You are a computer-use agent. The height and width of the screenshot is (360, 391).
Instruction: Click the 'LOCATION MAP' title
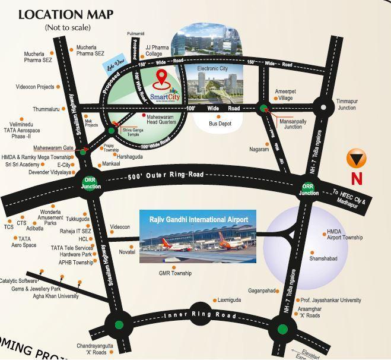click(67, 14)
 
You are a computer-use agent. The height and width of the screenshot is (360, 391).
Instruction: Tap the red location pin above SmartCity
click(161, 78)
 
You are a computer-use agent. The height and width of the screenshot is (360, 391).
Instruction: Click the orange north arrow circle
click(356, 159)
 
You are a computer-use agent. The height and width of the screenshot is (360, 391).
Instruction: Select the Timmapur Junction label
click(347, 105)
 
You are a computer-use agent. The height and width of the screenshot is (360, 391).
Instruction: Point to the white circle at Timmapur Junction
click(323, 108)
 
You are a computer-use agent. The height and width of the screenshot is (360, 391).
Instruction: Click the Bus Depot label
click(220, 124)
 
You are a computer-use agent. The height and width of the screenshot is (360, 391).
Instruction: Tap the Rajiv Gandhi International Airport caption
click(198, 220)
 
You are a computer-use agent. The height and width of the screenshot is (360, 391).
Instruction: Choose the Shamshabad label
click(323, 259)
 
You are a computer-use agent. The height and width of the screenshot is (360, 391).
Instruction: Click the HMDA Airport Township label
click(345, 235)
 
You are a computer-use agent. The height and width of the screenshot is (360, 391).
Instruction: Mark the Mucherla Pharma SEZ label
click(38, 57)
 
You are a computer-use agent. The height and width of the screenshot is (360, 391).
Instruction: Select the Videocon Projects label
click(35, 87)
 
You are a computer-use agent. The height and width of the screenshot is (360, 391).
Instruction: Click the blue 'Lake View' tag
click(116, 66)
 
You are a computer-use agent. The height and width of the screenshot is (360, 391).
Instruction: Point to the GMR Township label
click(175, 273)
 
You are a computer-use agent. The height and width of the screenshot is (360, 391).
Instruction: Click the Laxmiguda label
click(229, 300)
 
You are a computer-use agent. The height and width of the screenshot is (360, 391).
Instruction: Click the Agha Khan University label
click(56, 296)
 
